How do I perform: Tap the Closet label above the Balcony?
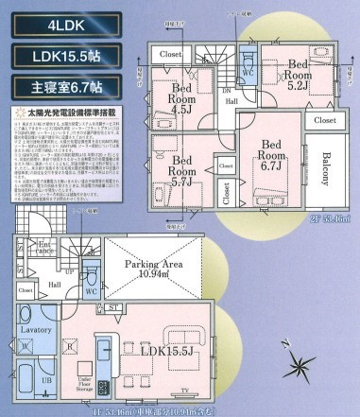pos(324,122)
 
